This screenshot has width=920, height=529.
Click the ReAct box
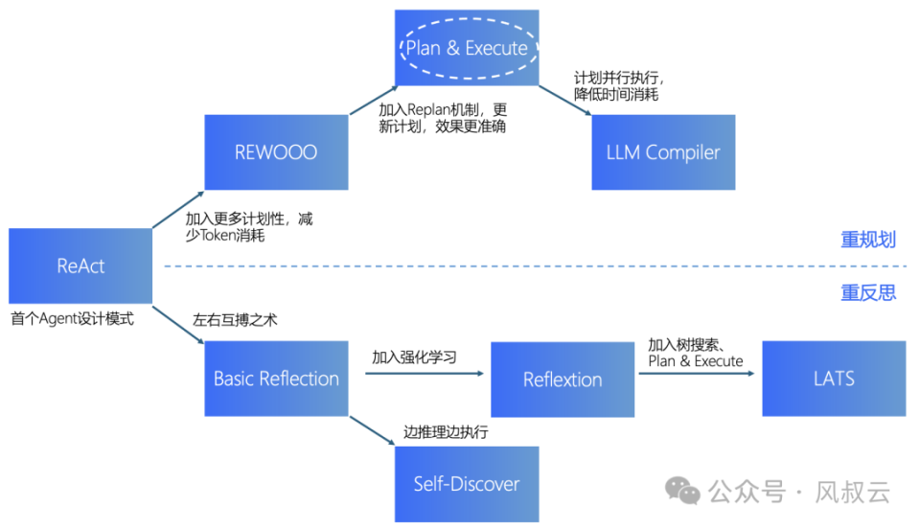(x=80, y=265)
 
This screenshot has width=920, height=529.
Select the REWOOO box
(x=276, y=152)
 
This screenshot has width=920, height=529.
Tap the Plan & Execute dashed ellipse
(x=467, y=48)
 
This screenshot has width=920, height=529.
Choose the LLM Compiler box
(x=663, y=152)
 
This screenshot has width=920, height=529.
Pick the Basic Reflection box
(x=276, y=379)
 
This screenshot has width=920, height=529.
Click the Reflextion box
(x=563, y=379)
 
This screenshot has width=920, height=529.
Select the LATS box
(x=834, y=379)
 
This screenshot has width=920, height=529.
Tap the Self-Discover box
(x=467, y=483)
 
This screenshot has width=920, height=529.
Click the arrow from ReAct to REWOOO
(x=178, y=209)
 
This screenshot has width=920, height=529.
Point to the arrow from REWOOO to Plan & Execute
(x=372, y=101)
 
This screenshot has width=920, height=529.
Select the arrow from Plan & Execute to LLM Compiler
(x=565, y=101)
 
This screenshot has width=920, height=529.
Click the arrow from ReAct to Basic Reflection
(x=178, y=323)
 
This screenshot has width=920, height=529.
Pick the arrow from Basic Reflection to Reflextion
(x=420, y=374)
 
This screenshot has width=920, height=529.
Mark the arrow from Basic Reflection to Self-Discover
(x=372, y=430)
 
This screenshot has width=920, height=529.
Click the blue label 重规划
(x=868, y=240)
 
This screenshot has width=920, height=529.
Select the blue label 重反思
(x=868, y=292)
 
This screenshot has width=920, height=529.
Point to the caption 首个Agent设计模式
(x=73, y=318)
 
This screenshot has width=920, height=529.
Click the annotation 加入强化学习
(x=415, y=357)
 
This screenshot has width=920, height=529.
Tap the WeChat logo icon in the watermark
(x=683, y=493)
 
